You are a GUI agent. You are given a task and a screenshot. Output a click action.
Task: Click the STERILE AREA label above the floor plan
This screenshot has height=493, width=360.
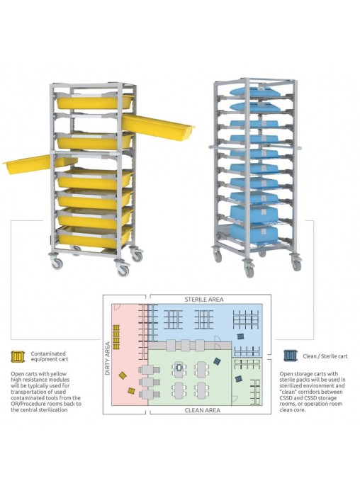tap(204, 300)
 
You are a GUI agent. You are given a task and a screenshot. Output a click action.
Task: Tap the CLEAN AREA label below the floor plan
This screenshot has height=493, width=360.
tap(203, 410)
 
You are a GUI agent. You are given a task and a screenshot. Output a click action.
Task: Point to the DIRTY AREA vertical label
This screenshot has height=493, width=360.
tap(107, 358)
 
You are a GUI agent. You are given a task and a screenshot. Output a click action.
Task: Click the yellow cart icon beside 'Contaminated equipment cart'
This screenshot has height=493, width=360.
tap(18, 356)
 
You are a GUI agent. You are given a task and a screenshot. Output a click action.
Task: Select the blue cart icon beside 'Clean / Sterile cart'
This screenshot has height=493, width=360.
tap(290, 356)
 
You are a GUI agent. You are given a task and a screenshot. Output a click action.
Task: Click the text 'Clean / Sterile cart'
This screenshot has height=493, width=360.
tap(325, 356)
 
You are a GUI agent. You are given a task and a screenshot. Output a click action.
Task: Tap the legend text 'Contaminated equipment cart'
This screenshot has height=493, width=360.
tap(49, 356)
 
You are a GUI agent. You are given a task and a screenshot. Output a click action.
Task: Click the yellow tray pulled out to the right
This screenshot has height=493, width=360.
tap(158, 127)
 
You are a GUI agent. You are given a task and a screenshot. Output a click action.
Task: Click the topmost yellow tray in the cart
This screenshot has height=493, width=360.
tap(94, 102)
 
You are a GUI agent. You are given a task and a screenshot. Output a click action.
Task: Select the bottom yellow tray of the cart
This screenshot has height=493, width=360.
tap(94, 238)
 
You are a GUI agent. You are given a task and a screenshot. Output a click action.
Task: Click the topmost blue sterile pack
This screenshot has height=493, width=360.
tap(254, 92)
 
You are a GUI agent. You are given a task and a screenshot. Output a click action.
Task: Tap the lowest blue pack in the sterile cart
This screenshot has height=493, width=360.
tap(254, 234)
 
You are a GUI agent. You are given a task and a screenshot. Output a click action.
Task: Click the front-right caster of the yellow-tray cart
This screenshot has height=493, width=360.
tap(123, 270)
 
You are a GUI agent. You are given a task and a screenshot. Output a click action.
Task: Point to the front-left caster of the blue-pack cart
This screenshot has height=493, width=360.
tap(249, 271)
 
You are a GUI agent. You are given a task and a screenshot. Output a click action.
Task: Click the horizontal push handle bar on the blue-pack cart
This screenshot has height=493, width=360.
tap(255, 147)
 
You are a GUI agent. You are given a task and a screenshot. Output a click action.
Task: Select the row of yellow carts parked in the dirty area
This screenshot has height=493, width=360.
tap(116, 336)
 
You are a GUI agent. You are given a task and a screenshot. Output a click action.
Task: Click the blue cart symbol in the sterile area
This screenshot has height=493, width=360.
tap(241, 336)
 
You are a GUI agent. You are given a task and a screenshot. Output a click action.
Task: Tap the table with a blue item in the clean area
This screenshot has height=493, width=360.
tap(179, 369)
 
